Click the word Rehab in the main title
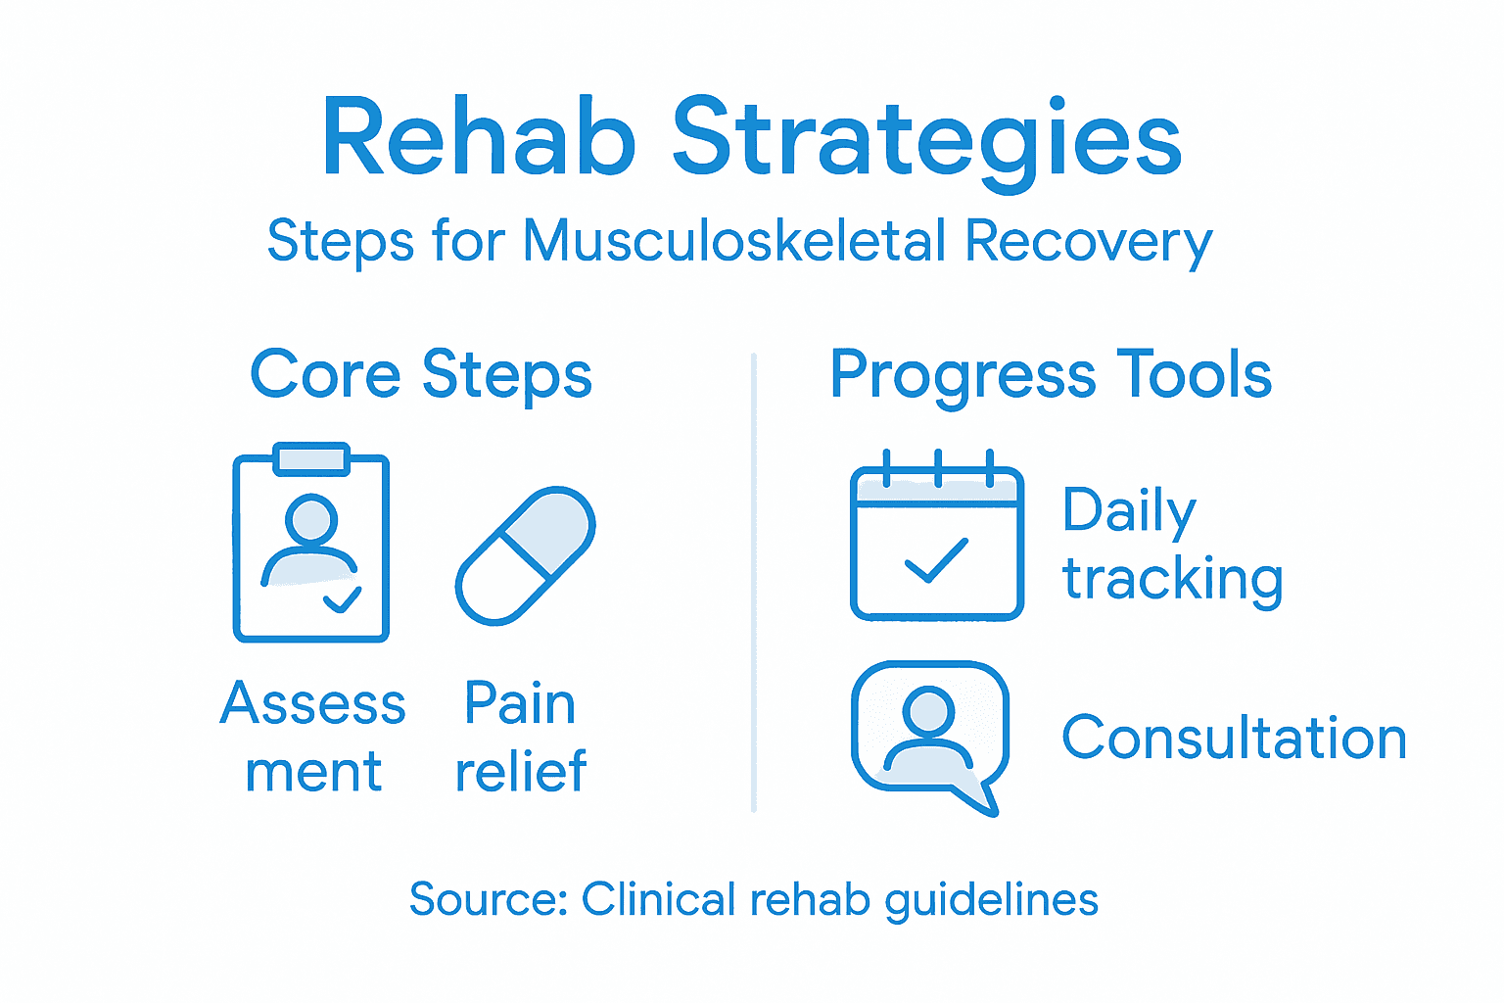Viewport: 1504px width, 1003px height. tap(479, 138)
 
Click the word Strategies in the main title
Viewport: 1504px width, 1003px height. tap(926, 140)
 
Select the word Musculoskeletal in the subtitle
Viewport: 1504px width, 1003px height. tap(734, 241)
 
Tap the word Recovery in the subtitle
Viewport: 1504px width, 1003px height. tap(1088, 242)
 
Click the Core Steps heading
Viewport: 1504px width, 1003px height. tap(421, 375)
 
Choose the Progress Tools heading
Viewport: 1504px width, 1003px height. tap(1050, 375)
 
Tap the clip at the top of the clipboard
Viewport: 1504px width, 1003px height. tap(311, 458)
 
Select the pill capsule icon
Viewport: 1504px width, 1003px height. tap(526, 555)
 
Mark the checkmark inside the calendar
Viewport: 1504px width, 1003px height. tap(936, 562)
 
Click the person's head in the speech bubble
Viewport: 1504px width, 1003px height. tap(928, 709)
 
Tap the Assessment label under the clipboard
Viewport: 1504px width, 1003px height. tap(313, 737)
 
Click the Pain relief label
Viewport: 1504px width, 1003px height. tap(520, 737)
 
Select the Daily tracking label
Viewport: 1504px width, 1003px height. tap(1171, 545)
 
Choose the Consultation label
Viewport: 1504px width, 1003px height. tap(1234, 738)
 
